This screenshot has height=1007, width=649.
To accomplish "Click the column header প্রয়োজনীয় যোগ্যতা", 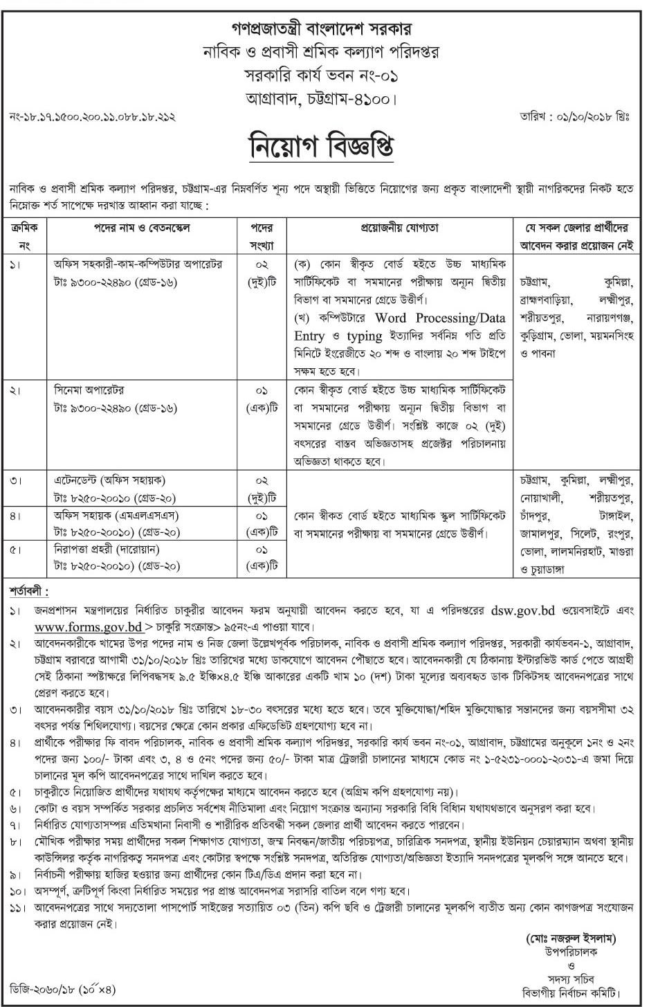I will click(398, 228).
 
